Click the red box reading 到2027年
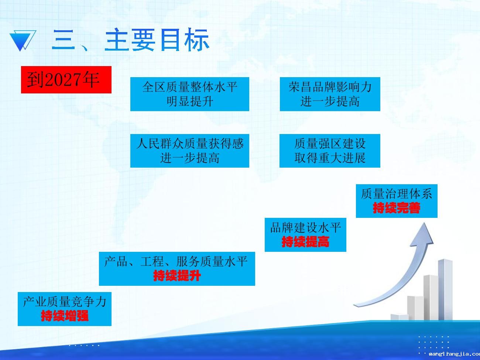click(66, 80)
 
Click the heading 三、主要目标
click(131, 40)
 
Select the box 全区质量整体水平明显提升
click(189, 94)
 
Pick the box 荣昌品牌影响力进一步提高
click(330, 94)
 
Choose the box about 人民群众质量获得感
click(189, 151)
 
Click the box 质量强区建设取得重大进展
click(330, 151)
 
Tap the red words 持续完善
click(397, 208)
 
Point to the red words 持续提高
click(305, 242)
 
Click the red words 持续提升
click(177, 275)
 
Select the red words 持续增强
click(65, 316)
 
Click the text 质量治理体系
click(397, 194)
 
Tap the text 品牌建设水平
click(305, 227)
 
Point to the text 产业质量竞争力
click(65, 302)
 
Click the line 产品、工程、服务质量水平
click(176, 261)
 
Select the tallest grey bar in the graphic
click(445, 290)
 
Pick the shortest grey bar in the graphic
click(400, 318)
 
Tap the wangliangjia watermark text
click(455, 354)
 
